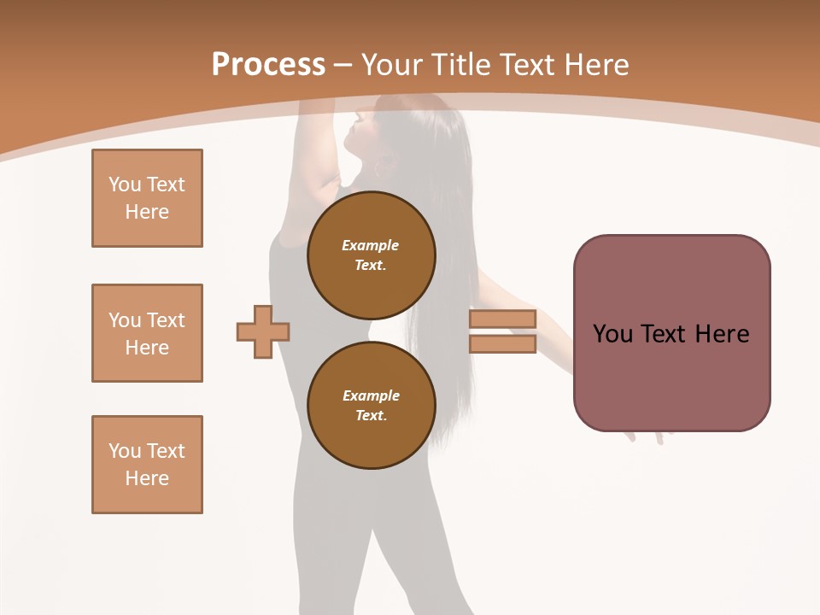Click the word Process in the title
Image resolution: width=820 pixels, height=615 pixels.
point(268,64)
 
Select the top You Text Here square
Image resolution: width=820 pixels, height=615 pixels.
point(147,198)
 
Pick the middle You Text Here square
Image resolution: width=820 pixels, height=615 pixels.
point(147,333)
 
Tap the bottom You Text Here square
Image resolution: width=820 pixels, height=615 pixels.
point(147,464)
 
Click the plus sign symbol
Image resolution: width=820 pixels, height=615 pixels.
point(263,331)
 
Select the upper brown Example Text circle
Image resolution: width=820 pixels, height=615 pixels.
point(371,255)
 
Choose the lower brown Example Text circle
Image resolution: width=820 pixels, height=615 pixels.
point(371,405)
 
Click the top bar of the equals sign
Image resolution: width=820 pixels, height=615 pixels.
point(502,319)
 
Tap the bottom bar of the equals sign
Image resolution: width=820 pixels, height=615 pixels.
point(502,344)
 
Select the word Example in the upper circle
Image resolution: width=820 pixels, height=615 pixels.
point(371,245)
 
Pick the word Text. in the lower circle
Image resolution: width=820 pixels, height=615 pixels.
point(371,415)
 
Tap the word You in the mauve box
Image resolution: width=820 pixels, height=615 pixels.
point(612,333)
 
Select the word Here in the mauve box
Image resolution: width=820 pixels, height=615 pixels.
point(722,333)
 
